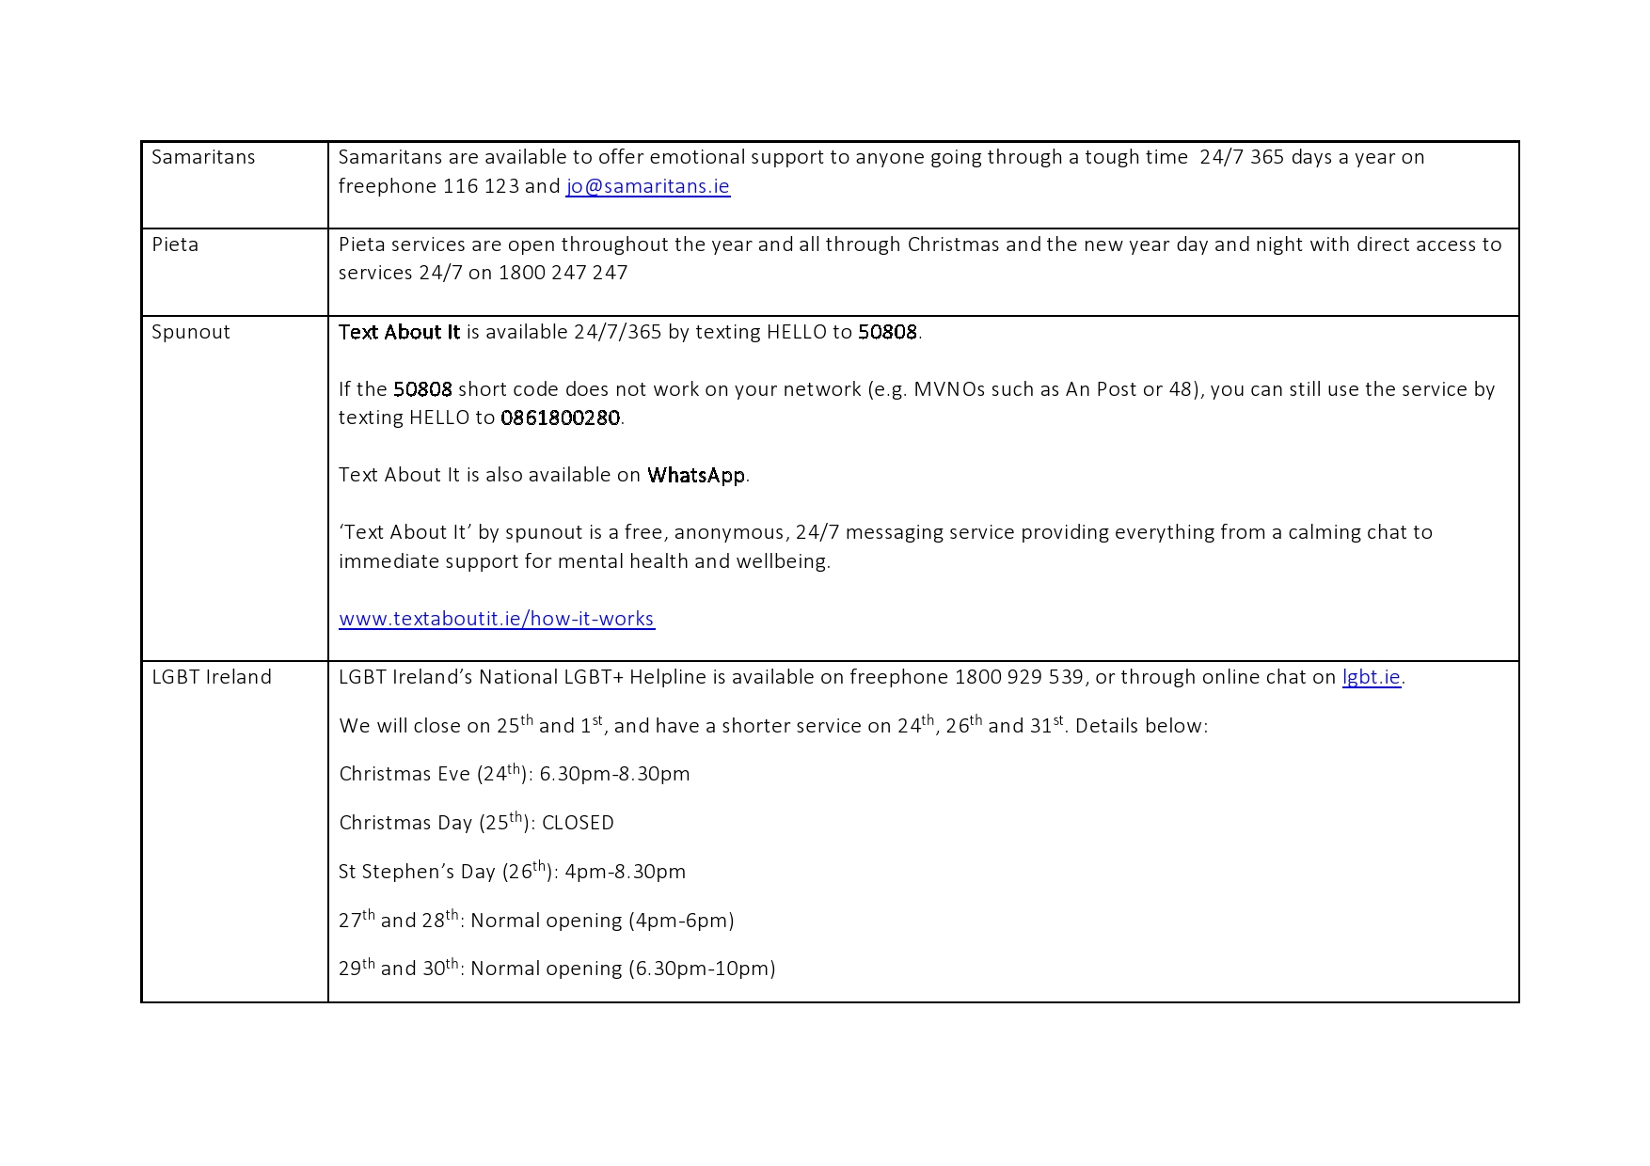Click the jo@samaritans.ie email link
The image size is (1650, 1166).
tap(647, 186)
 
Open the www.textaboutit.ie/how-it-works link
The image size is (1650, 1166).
tap(496, 619)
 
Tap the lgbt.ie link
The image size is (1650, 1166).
tap(1371, 677)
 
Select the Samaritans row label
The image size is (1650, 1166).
tap(203, 157)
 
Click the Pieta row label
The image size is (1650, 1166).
tap(175, 244)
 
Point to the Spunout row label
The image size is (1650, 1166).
tap(191, 332)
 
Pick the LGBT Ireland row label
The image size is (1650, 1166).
tap(212, 677)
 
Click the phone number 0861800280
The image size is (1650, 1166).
tap(560, 418)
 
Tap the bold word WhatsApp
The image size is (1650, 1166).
tap(696, 475)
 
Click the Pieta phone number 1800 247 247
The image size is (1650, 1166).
tap(563, 273)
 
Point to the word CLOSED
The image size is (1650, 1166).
tap(578, 823)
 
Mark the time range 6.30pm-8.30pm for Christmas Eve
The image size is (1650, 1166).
tap(614, 774)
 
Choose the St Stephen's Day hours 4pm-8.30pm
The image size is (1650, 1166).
tap(625, 872)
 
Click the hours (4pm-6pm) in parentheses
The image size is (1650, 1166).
tap(681, 921)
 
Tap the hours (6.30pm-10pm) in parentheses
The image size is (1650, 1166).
tap(702, 969)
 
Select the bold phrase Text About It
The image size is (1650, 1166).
tap(399, 332)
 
